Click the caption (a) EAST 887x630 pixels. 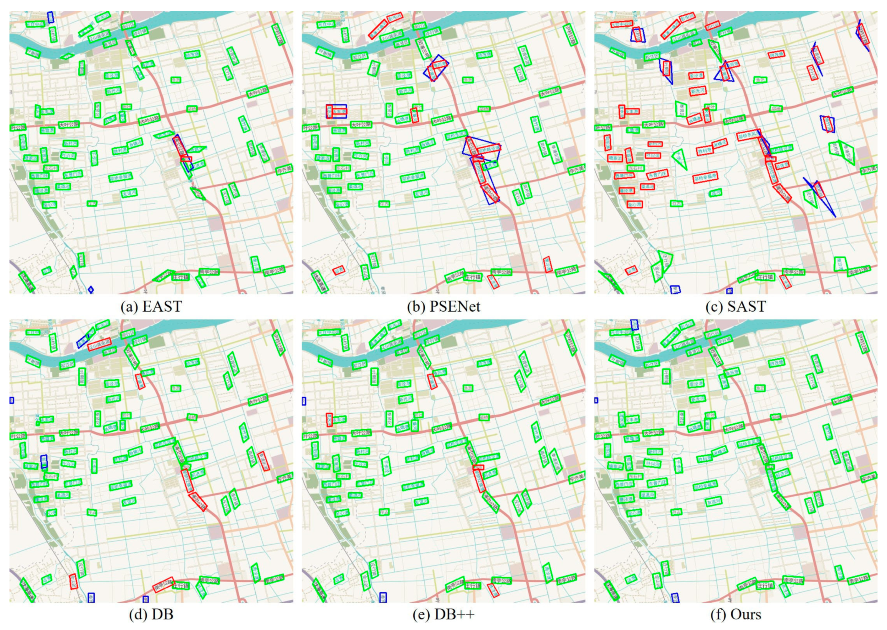(x=151, y=306)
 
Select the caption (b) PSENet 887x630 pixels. (x=443, y=306)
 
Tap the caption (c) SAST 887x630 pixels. (x=736, y=306)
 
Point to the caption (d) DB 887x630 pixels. (x=151, y=614)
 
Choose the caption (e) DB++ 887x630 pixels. (x=443, y=614)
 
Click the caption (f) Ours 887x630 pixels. (x=736, y=614)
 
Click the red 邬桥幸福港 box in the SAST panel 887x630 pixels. (x=705, y=178)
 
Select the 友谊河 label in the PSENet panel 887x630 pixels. (x=421, y=193)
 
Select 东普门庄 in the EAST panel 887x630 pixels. (x=73, y=174)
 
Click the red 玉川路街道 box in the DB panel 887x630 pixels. (x=99, y=344)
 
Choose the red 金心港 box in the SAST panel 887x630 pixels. (x=634, y=204)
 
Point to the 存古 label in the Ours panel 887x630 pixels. (x=676, y=512)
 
